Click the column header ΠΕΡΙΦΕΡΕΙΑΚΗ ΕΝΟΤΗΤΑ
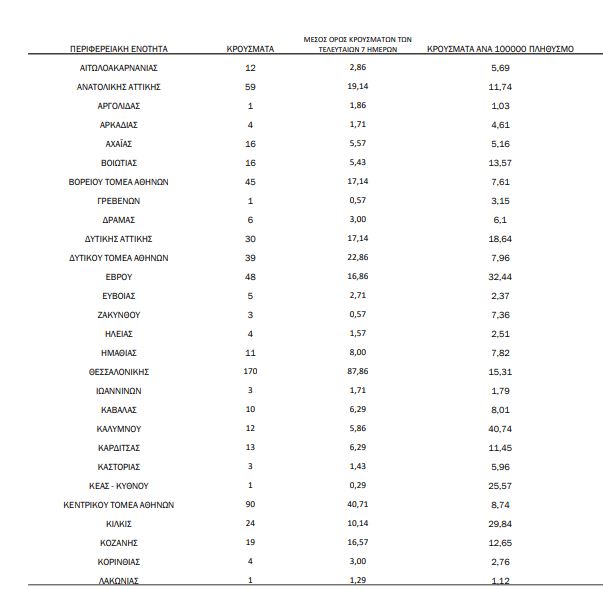coord(119,48)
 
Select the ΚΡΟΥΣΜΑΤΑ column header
coord(251,48)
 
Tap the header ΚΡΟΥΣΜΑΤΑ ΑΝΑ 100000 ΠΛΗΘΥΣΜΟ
coord(500,48)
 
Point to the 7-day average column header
coord(358,43)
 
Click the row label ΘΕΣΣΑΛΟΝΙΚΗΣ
coord(119,372)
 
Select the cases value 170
coord(250,372)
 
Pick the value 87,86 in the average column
coord(358,372)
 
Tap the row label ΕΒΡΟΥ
coord(119,277)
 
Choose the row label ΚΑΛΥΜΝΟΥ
coord(119,429)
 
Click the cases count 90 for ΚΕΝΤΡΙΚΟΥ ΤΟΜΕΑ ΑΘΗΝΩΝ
coord(250,505)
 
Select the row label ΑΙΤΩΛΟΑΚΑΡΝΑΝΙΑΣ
coord(119,68)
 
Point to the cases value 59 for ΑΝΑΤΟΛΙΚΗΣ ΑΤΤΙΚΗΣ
coord(250,87)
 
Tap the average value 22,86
coord(358,258)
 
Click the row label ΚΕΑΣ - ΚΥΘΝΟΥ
coord(119,486)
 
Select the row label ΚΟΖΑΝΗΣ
coord(119,543)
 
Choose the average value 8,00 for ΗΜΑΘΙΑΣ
coord(358,353)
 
